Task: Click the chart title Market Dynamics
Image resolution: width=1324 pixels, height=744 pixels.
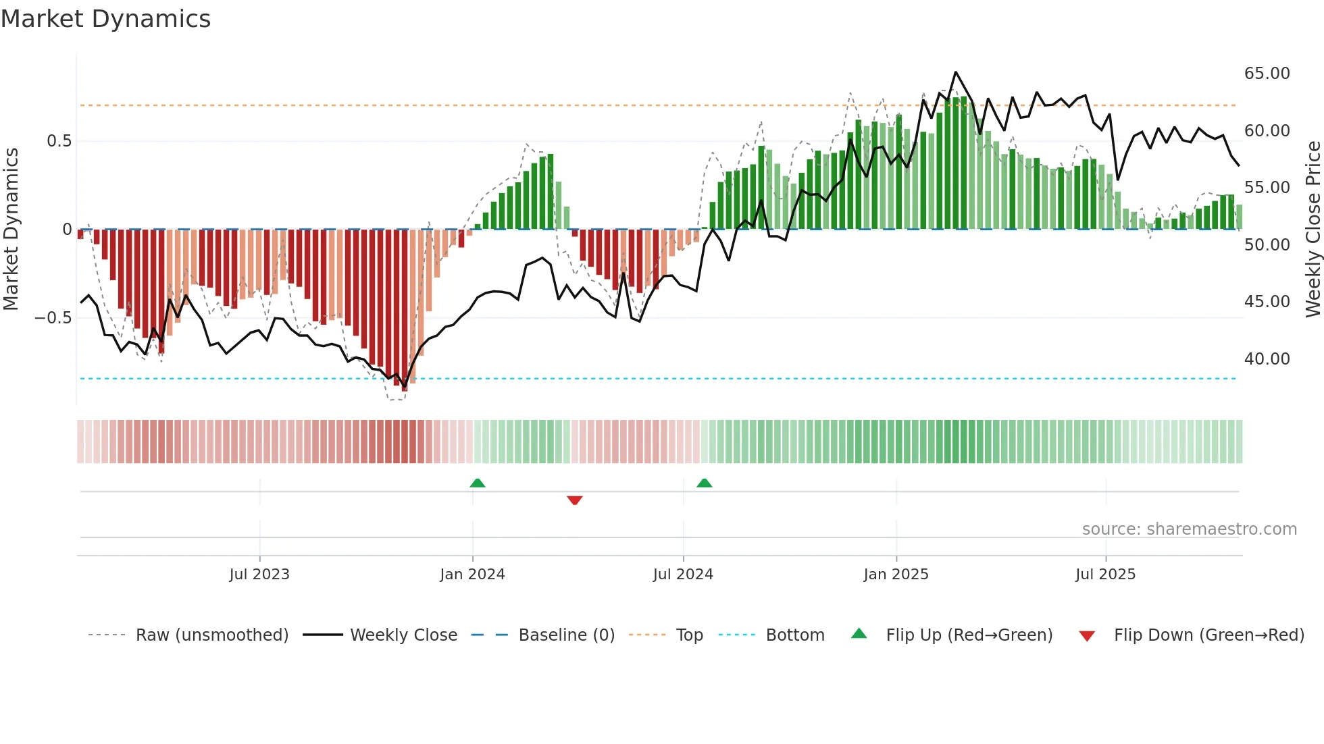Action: pyautogui.click(x=105, y=19)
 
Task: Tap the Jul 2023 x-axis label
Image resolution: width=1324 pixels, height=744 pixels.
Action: pyautogui.click(x=259, y=575)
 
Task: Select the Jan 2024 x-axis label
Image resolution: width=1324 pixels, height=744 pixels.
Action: pyautogui.click(x=472, y=575)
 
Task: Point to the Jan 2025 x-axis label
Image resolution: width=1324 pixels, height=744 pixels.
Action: pyautogui.click(x=896, y=575)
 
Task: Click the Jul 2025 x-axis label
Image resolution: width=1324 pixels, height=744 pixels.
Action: pyautogui.click(x=1105, y=575)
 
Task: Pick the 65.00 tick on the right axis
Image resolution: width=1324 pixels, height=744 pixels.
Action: pyautogui.click(x=1267, y=74)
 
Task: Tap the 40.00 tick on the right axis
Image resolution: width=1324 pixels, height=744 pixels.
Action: pyautogui.click(x=1267, y=359)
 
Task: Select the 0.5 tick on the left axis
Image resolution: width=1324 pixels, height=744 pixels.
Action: pyautogui.click(x=59, y=141)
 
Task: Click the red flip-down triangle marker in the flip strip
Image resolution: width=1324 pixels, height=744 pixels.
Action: pyautogui.click(x=575, y=500)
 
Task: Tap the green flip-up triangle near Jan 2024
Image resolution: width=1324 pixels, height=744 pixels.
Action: pyautogui.click(x=478, y=483)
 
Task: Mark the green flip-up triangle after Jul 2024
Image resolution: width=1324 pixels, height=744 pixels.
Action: pyautogui.click(x=704, y=483)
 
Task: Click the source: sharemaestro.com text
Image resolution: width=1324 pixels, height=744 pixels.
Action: pyautogui.click(x=1189, y=529)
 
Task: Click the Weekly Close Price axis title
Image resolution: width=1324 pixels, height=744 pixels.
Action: pyautogui.click(x=1313, y=230)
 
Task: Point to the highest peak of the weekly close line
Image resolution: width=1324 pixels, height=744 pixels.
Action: pyautogui.click(x=955, y=72)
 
